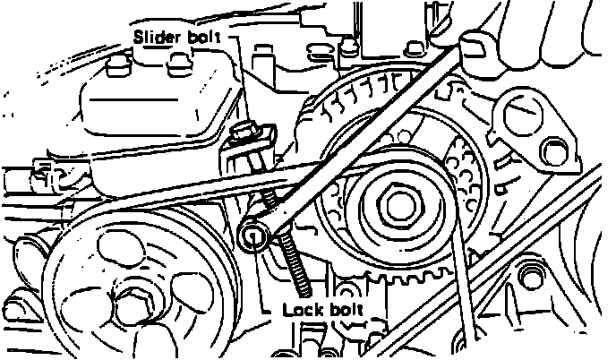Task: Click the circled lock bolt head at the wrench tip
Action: (x=254, y=236)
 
